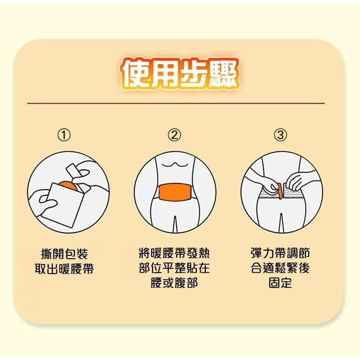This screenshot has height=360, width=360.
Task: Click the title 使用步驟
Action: click(x=180, y=74)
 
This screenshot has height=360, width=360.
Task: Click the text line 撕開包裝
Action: click(x=65, y=253)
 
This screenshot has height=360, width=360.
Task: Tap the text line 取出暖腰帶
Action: click(x=65, y=268)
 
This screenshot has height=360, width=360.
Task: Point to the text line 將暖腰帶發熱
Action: click(x=174, y=253)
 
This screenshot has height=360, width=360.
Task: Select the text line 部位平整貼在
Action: click(x=174, y=268)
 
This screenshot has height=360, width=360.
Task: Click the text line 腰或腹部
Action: click(x=174, y=283)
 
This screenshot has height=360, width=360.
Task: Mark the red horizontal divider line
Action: click(x=176, y=103)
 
